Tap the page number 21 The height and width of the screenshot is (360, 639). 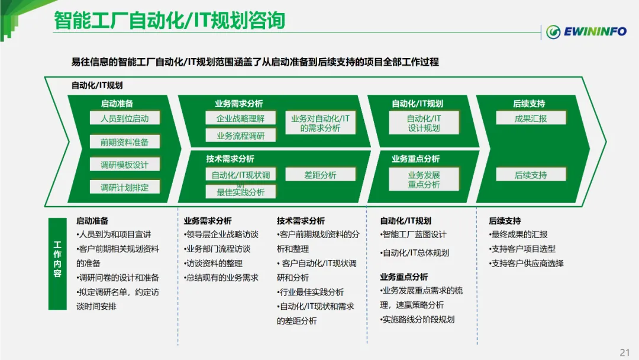(624, 352)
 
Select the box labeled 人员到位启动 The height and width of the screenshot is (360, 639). (124, 118)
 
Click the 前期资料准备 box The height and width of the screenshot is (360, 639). (124, 142)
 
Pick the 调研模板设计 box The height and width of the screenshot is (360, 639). (124, 165)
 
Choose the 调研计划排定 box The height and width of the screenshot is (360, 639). (124, 188)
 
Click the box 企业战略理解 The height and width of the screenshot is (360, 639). (240, 118)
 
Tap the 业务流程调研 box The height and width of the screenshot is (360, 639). (240, 136)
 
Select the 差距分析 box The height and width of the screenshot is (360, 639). (320, 175)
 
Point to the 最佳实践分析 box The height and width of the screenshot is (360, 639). (240, 192)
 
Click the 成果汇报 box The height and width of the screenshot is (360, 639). (531, 118)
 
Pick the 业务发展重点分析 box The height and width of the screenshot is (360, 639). (424, 179)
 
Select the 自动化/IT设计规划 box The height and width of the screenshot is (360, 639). (424, 123)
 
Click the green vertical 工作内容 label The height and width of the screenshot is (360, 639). (57, 263)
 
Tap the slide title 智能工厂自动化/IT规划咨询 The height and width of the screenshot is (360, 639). (169, 21)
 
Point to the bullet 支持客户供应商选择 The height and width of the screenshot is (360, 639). (527, 263)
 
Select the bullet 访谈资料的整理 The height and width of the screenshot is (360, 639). (214, 263)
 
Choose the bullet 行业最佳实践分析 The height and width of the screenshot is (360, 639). (311, 292)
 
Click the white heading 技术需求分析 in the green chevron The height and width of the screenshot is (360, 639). (230, 159)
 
